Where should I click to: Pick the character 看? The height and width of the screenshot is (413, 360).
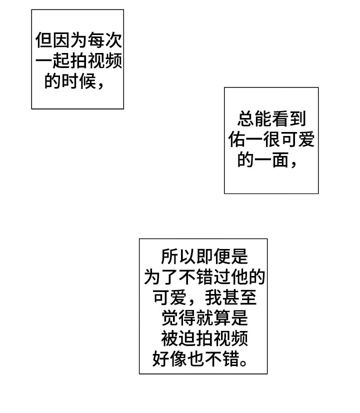pos(280,119)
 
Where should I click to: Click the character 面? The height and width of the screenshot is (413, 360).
pos(280,160)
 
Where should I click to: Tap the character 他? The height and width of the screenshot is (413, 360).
pos(238,277)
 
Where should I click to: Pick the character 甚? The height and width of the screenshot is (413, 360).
pos(229,298)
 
